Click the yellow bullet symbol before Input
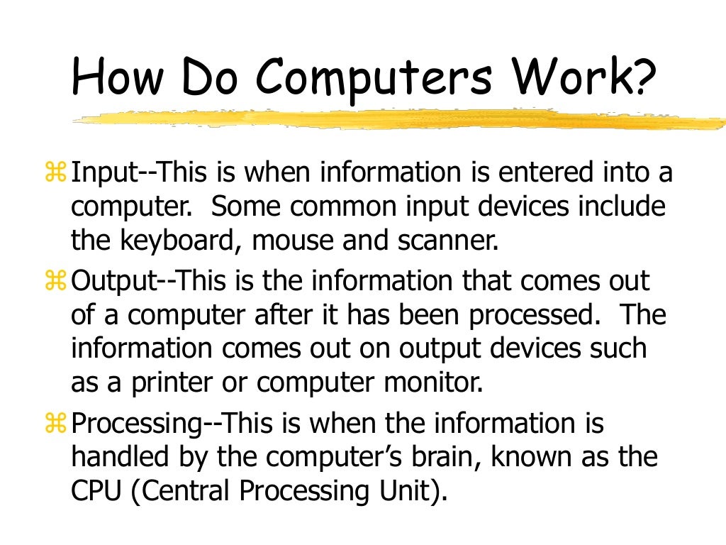coord(55,172)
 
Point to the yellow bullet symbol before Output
coord(55,282)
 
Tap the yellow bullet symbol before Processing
coord(55,424)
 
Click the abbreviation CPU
coord(97,491)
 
